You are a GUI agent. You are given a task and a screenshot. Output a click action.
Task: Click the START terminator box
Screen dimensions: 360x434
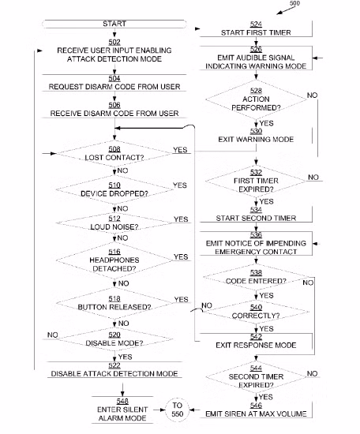pos(114,24)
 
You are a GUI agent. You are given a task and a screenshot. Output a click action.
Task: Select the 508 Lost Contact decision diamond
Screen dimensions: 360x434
pos(114,154)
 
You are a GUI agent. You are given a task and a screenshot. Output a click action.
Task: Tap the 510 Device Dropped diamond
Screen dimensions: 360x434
pos(114,189)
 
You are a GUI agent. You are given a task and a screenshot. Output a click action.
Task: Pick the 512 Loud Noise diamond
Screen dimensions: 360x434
pos(114,223)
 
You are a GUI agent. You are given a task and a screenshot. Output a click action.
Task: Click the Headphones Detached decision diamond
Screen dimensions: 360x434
pos(114,260)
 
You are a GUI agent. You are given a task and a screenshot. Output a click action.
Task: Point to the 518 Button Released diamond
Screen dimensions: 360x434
pos(114,303)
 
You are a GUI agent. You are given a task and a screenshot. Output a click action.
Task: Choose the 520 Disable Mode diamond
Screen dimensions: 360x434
pos(114,339)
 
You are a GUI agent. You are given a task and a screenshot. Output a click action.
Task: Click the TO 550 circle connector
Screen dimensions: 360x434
pos(177,410)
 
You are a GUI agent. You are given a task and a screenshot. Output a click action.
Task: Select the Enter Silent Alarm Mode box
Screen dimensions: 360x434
pos(122,410)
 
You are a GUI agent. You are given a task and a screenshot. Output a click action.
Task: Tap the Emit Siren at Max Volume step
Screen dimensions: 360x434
pos(256,410)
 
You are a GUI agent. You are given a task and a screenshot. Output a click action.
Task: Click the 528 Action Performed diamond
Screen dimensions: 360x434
pos(256,99)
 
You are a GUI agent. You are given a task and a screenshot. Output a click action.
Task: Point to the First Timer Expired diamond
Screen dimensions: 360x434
pos(256,181)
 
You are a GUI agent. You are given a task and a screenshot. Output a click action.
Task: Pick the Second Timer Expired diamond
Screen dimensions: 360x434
pos(256,377)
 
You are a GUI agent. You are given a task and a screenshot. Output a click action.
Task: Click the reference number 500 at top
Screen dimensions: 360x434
pos(294,3)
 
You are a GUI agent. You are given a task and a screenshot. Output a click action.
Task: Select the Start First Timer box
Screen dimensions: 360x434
pos(256,28)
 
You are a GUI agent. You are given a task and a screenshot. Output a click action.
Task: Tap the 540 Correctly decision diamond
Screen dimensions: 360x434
pos(256,312)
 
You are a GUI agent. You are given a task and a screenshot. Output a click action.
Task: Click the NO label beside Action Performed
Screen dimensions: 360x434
pos(312,95)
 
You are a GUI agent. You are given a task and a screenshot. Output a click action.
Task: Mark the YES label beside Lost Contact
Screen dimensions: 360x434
pos(180,150)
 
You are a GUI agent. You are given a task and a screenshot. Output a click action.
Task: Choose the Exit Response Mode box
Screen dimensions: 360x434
pos(256,342)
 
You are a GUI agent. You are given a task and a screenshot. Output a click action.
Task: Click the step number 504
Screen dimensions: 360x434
pos(114,78)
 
